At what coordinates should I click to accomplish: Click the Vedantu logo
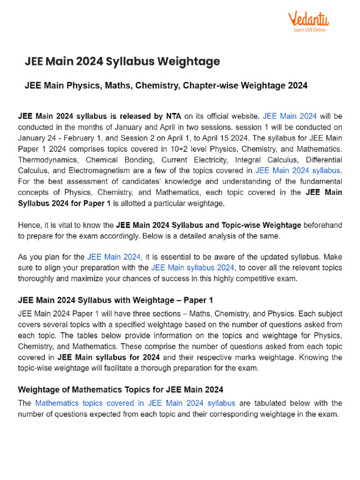(x=308, y=19)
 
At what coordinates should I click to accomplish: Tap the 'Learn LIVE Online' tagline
(x=309, y=30)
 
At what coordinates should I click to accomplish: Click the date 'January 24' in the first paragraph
(x=37, y=138)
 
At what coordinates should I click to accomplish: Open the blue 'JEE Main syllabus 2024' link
(x=193, y=268)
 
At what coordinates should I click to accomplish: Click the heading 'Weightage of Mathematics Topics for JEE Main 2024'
(x=120, y=390)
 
